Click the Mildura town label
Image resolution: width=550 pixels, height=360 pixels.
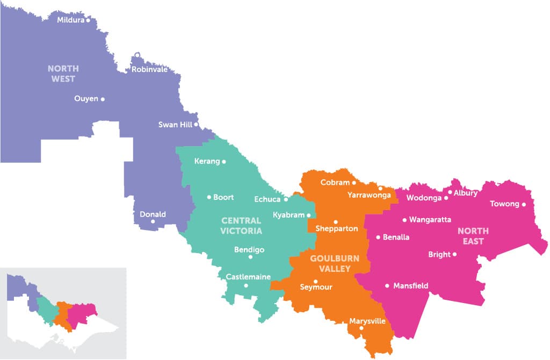tap(71, 20)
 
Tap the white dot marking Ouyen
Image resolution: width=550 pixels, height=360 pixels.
tap(103, 99)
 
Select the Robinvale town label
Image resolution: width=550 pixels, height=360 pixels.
tap(149, 70)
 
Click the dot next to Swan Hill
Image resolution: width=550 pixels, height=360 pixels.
tap(196, 125)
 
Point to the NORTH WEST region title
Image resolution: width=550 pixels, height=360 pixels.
tap(63, 74)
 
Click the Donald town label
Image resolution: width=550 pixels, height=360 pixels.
tap(153, 214)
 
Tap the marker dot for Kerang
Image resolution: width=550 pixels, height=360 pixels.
tap(224, 162)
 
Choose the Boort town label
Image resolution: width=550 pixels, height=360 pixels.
tap(223, 197)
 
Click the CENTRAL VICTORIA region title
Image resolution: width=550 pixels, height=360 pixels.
tap(241, 226)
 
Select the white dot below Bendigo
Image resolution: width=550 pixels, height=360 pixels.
tap(250, 257)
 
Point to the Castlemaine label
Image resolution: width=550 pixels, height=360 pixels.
tap(248, 277)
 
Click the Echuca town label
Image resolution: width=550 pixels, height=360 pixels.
tap(267, 199)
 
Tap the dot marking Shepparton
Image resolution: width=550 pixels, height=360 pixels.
tap(336, 222)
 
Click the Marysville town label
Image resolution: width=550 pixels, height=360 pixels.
tap(367, 321)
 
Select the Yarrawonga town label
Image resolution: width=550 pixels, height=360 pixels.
tap(369, 195)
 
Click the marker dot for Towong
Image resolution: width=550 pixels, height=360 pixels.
tap(524, 204)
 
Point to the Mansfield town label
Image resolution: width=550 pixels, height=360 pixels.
tap(411, 286)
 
